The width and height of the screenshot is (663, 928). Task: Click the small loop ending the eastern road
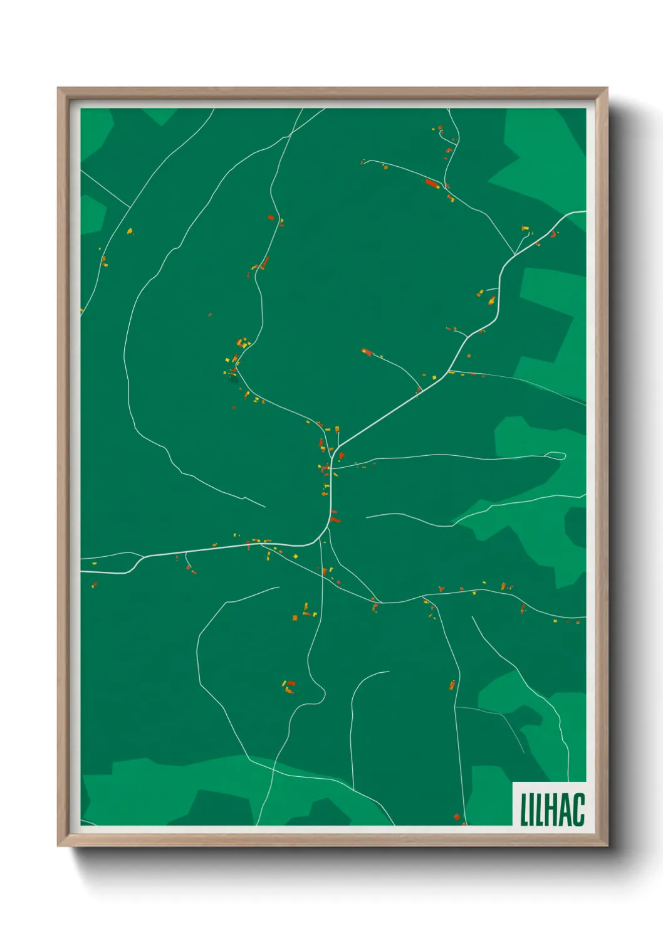(x=556, y=456)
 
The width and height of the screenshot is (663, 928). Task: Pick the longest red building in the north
(x=431, y=183)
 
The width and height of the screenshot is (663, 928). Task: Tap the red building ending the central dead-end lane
(x=367, y=352)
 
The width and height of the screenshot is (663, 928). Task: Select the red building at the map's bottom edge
(x=457, y=817)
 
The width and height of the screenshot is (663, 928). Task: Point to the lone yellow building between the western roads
(x=130, y=231)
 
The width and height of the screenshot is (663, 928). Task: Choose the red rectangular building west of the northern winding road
(x=271, y=218)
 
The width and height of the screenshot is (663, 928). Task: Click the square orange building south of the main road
(x=295, y=618)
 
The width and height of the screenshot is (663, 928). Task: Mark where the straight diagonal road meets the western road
(x=130, y=208)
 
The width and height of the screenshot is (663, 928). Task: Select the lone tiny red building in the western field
(x=210, y=315)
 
